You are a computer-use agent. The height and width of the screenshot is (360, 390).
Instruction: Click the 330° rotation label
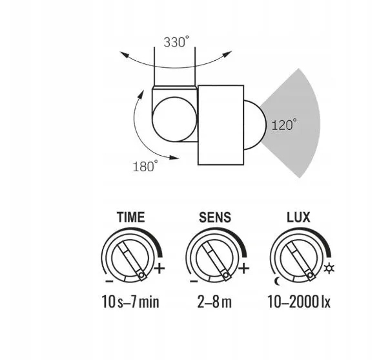click(176, 42)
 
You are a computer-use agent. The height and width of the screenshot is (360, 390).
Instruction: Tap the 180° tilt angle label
click(145, 166)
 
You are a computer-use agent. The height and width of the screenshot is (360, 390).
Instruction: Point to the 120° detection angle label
click(284, 125)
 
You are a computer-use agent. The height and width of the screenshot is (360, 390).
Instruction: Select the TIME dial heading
click(131, 217)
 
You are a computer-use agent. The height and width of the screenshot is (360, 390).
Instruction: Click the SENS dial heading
click(215, 217)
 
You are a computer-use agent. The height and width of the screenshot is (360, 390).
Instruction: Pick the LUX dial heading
click(298, 217)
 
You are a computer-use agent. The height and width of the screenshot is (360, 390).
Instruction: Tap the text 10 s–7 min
click(130, 301)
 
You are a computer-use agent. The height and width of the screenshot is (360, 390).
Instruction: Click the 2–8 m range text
click(214, 301)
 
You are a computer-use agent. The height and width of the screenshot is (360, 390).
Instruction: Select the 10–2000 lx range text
click(299, 301)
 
